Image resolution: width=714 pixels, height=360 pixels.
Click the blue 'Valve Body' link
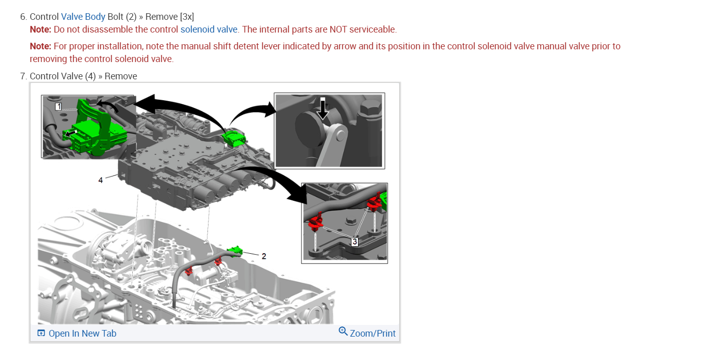click(83, 17)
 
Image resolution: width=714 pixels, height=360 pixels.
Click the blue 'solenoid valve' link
click(209, 29)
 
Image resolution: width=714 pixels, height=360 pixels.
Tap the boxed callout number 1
click(58, 106)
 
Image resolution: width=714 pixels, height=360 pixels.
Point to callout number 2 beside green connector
click(263, 256)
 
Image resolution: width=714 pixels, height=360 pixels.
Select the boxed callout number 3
click(354, 242)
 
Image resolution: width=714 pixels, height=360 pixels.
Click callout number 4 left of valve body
click(101, 180)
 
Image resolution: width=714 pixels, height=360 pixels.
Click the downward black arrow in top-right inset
click(322, 108)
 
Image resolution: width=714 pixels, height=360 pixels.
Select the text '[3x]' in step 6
click(187, 17)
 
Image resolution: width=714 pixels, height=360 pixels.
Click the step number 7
click(23, 76)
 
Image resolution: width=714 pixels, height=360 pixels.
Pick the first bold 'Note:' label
click(41, 29)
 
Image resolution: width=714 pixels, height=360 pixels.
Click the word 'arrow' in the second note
click(345, 46)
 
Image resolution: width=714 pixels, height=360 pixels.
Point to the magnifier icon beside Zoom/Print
click(343, 332)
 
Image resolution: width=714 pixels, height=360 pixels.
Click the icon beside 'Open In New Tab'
click(41, 334)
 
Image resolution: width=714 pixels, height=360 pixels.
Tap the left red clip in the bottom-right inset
click(315, 222)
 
